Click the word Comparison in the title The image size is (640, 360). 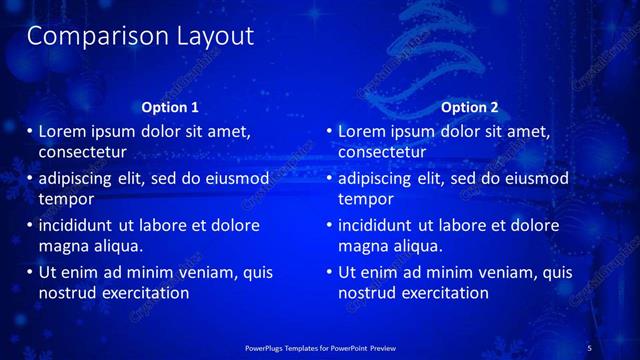[x=86, y=37]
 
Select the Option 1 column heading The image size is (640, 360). [x=172, y=107]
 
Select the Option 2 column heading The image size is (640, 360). [x=469, y=107]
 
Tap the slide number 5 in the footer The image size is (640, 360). [x=589, y=347]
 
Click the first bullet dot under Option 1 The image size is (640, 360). [x=30, y=131]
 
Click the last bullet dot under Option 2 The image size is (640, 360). [x=330, y=272]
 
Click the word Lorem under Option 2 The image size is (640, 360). [x=361, y=131]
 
